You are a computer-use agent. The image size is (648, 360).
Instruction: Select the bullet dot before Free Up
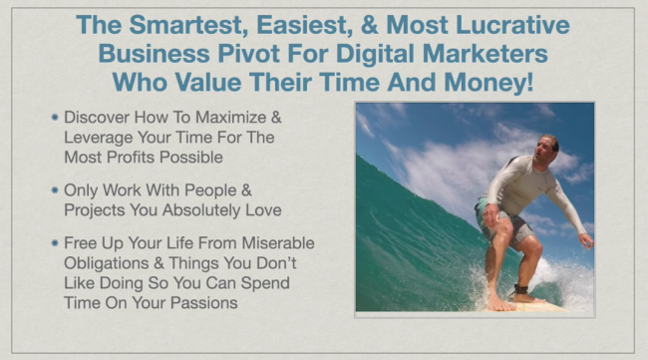coord(54,240)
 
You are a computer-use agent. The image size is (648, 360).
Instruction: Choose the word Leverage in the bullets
coord(98,137)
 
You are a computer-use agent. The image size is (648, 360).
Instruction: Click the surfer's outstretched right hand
coord(587,239)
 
